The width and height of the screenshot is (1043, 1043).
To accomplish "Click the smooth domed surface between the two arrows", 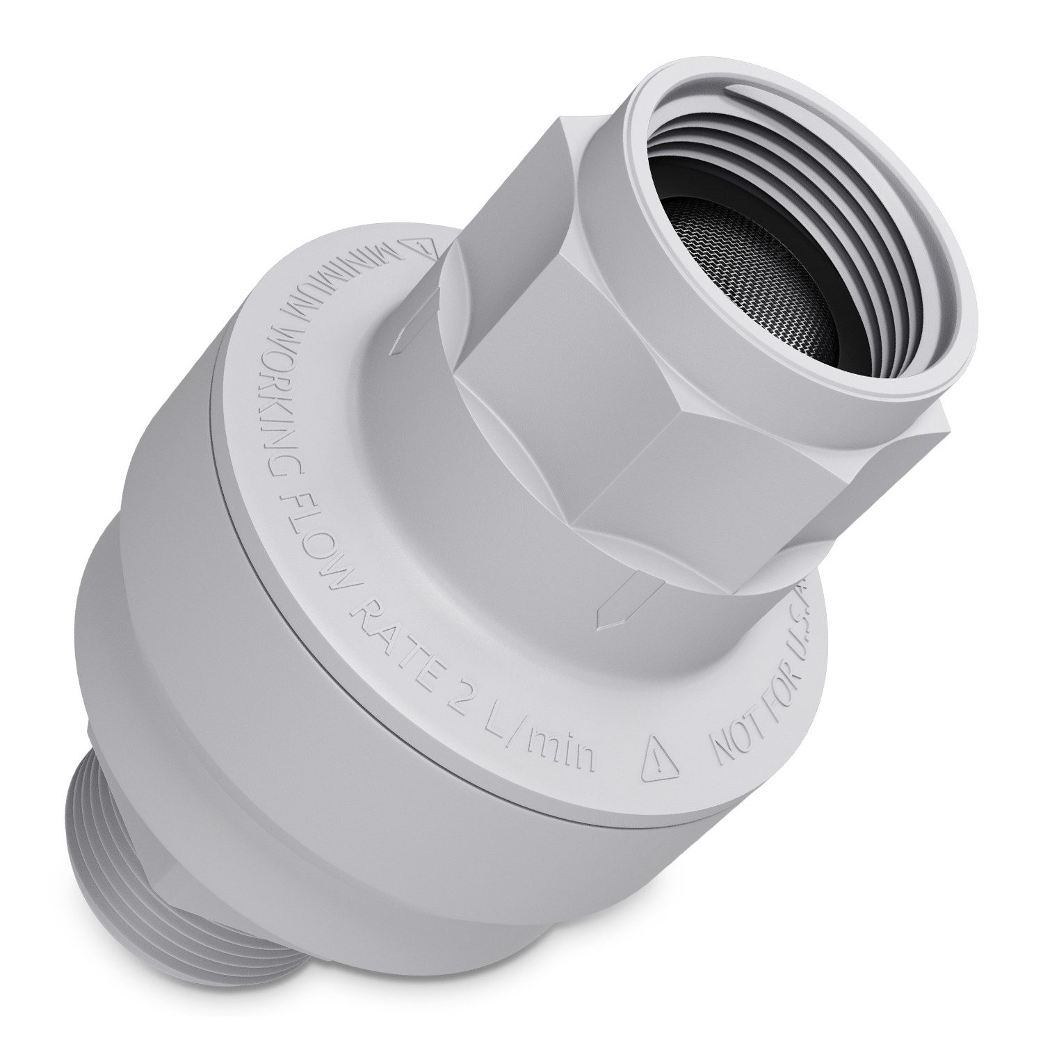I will (x=417, y=501).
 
